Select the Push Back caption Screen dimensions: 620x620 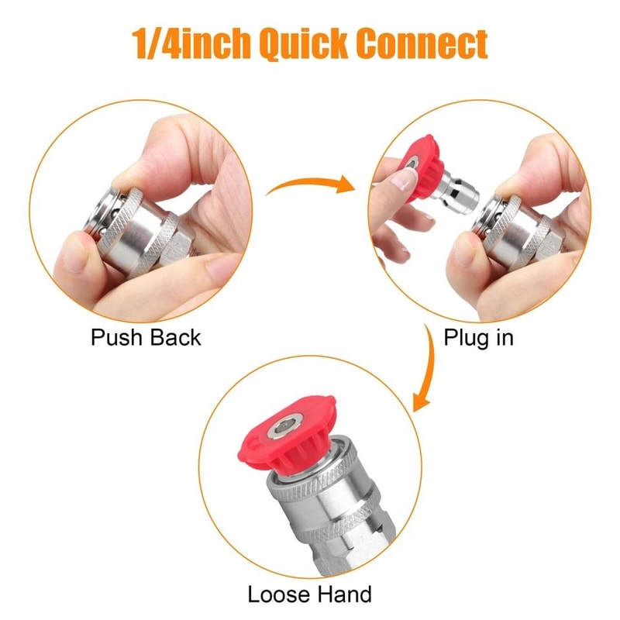[146, 338]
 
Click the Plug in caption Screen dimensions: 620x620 [477, 338]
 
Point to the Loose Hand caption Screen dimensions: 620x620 [309, 594]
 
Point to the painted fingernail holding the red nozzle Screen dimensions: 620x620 [402, 181]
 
